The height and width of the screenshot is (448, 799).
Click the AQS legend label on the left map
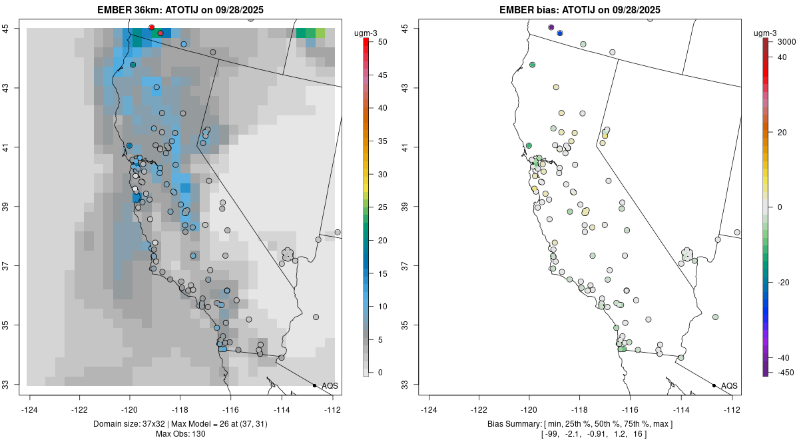click(x=330, y=385)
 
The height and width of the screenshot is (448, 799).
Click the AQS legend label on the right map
click(x=729, y=385)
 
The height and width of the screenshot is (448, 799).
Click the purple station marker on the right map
click(x=551, y=27)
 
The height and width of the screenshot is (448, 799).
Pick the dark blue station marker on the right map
click(x=560, y=33)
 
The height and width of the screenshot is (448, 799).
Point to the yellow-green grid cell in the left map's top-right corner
click(x=320, y=33)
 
